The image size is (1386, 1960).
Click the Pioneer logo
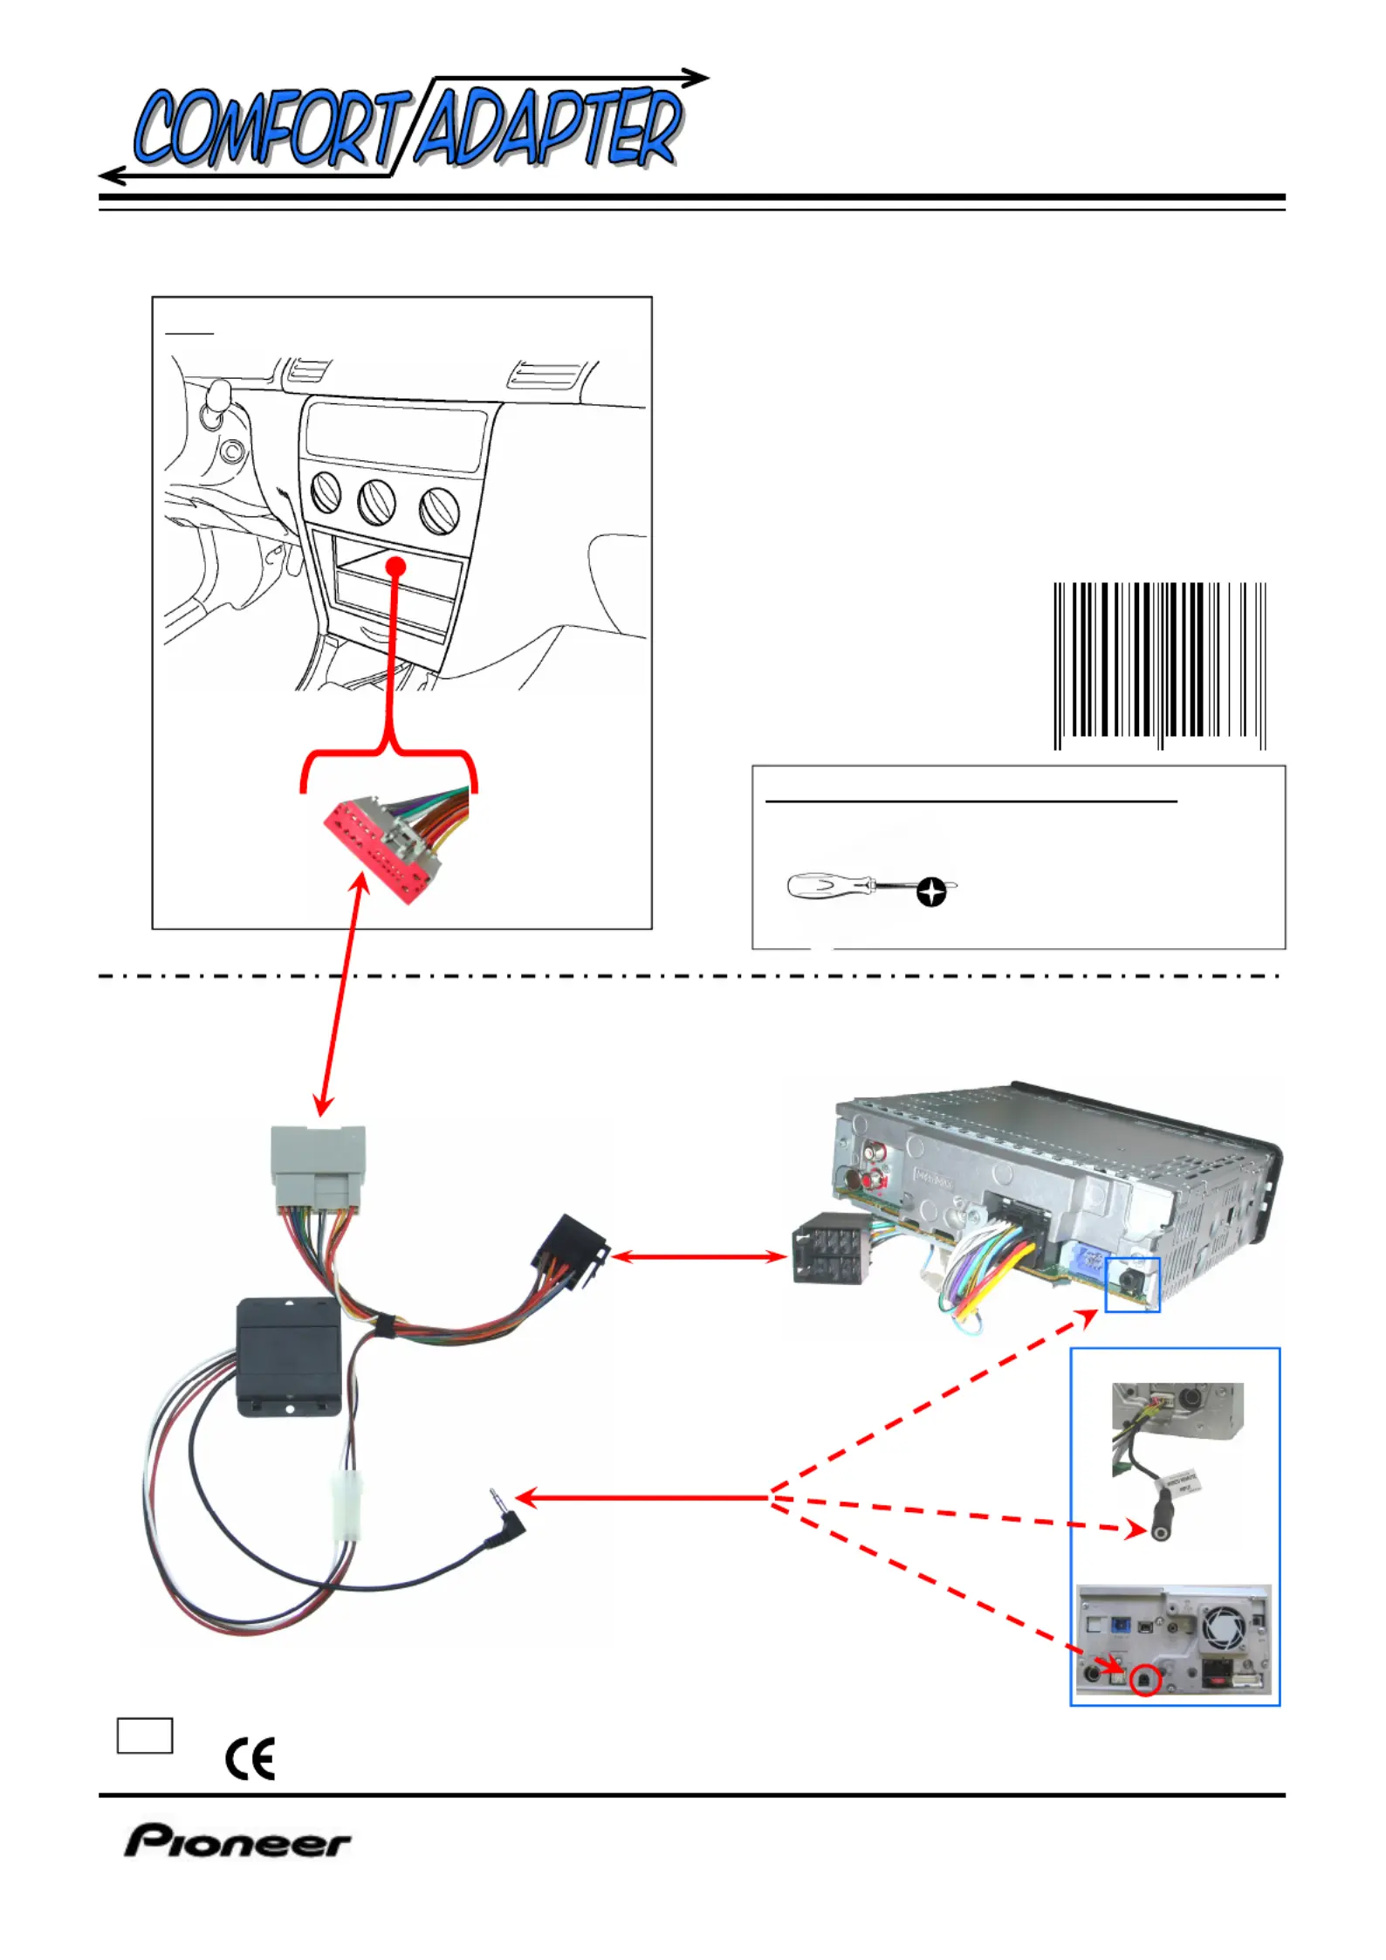(237, 1840)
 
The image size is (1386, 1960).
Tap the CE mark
(250, 1757)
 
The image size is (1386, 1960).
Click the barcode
(1159, 665)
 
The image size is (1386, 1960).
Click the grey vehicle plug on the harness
(318, 1166)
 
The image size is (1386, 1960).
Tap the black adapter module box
(289, 1357)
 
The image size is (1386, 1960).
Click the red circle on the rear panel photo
(1145, 1681)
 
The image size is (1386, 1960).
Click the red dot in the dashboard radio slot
(396, 567)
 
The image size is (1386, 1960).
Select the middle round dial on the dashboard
(376, 502)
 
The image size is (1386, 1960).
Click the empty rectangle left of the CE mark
(145, 1735)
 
